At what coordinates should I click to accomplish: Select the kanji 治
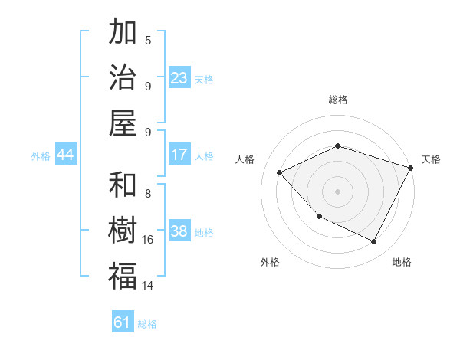point(123,77)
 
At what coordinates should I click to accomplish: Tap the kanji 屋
point(123,122)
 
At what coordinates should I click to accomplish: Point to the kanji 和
point(123,185)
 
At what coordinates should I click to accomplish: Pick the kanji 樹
point(123,231)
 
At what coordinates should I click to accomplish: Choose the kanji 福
point(123,276)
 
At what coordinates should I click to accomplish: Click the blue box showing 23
point(179,78)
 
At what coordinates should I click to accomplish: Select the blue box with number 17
point(179,155)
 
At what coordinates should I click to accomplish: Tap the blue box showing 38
point(179,231)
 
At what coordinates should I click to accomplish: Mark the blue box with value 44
point(66,155)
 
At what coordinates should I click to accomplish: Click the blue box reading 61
point(123,322)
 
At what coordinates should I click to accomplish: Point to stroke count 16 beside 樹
point(148,240)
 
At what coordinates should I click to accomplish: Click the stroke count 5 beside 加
point(148,40)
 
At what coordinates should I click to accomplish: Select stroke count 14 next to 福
point(148,286)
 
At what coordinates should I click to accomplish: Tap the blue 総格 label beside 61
point(147,324)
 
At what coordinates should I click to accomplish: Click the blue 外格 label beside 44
point(41,156)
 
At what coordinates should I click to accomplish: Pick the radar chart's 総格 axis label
point(337,100)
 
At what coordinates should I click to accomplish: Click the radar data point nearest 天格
point(411,167)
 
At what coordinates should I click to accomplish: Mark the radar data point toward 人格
point(280,173)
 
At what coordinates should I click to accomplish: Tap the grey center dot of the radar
point(337,191)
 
